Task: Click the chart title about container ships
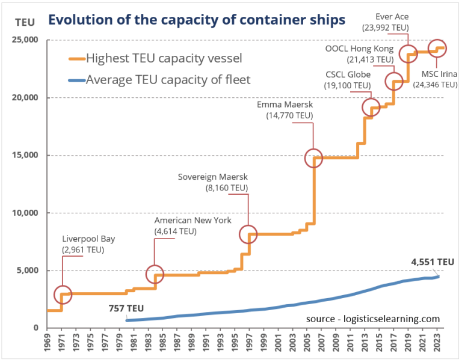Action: point(197,19)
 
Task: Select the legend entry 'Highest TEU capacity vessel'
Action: point(164,58)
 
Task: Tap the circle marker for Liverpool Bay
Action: point(63,294)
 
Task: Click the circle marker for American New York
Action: point(155,273)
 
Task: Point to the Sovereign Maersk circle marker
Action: point(248,234)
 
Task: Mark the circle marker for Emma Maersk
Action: point(313,157)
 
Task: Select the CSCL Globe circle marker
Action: point(371,108)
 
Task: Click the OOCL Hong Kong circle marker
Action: point(394,81)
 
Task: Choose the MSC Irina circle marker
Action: point(437,48)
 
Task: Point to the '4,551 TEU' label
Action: point(432,261)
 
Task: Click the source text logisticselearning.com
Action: point(372,319)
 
